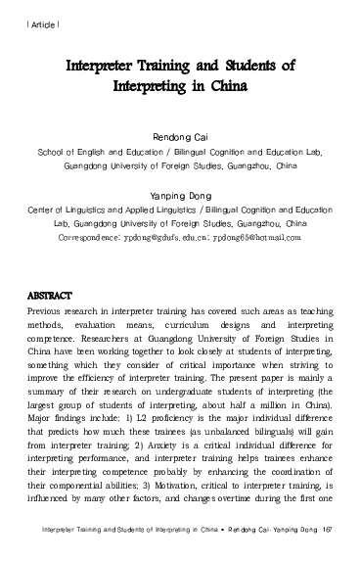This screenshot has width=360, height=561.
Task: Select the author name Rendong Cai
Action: (181, 138)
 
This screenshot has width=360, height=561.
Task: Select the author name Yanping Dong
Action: (180, 195)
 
